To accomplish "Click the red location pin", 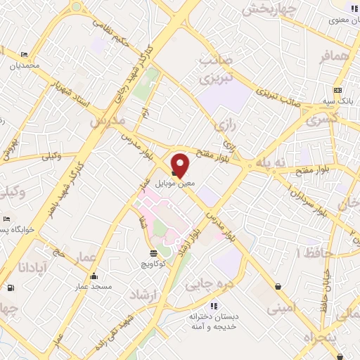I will (x=181, y=165).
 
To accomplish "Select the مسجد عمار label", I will (x=93, y=287).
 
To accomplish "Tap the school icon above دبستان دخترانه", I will (x=213, y=306).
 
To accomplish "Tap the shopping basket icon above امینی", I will (x=281, y=286).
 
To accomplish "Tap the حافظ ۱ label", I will (x=310, y=251).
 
